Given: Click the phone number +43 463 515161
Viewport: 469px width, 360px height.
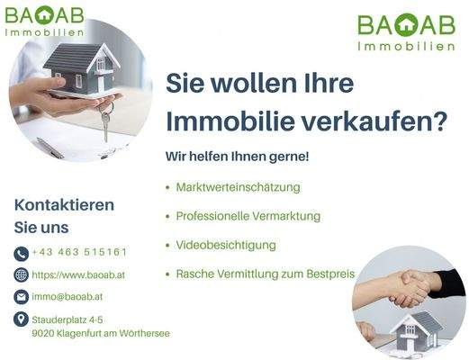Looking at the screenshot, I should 79,252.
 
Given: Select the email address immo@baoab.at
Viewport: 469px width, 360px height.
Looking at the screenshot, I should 68,296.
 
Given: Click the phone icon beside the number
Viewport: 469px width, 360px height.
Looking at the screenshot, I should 22,253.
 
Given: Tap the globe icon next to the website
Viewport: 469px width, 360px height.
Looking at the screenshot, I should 22,274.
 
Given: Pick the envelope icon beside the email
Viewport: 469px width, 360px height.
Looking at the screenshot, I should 22,296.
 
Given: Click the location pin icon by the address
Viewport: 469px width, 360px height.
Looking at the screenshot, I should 22,319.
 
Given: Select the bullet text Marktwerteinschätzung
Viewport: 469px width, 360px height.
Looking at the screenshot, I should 238,187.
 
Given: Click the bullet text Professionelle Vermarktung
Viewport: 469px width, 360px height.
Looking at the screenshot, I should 248,216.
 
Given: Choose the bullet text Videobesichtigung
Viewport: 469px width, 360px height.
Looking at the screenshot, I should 226,245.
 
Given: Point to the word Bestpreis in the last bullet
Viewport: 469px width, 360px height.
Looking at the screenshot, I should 330,274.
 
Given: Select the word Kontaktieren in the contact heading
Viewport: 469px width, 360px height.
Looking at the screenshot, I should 64,204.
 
